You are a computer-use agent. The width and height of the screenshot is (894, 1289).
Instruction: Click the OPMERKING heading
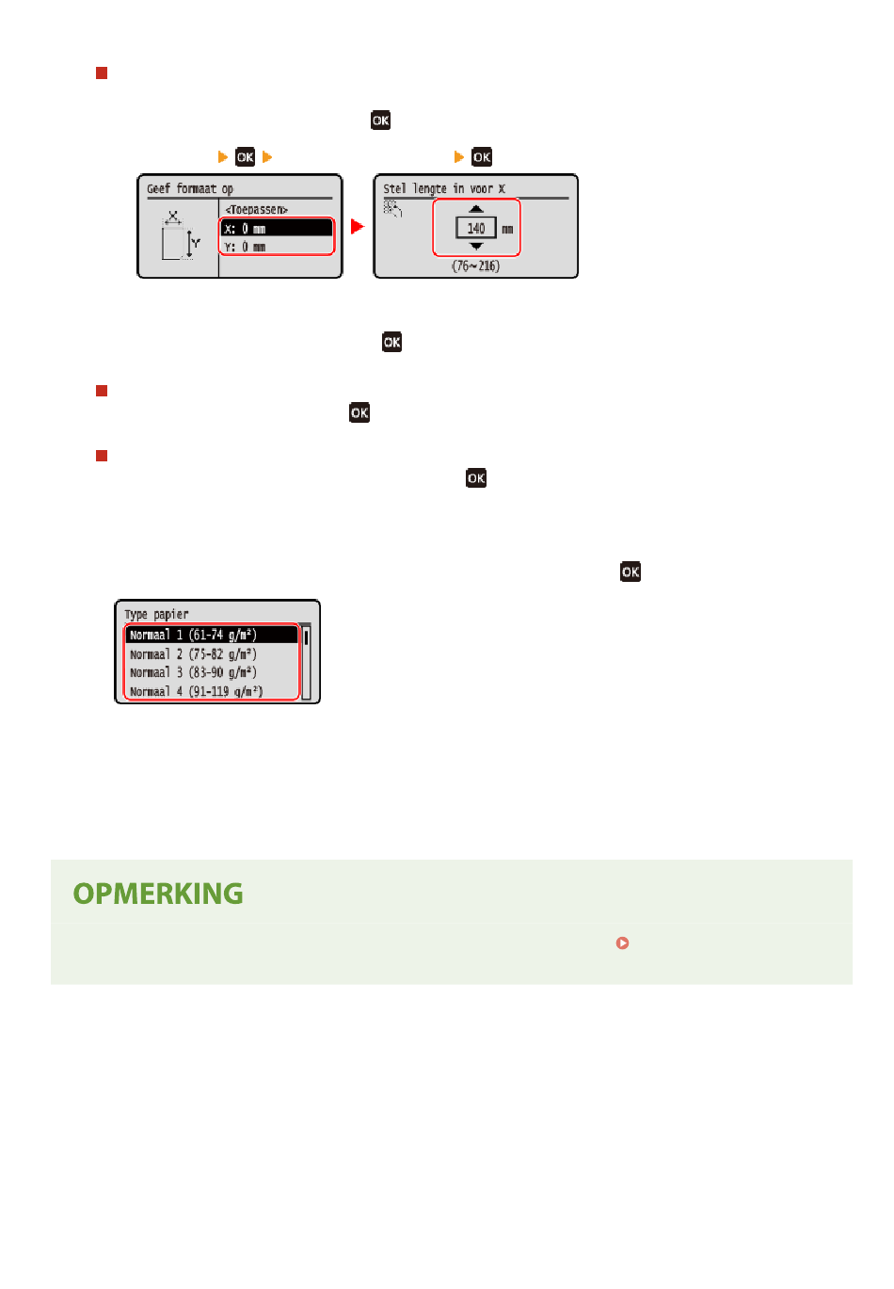pyautogui.click(x=158, y=894)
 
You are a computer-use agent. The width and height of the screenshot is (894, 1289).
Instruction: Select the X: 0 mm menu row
pyautogui.click(x=276, y=229)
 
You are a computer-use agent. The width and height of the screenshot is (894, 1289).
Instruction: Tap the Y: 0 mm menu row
pyautogui.click(x=276, y=247)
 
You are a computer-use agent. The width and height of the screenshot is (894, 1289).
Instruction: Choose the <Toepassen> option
pyautogui.click(x=256, y=209)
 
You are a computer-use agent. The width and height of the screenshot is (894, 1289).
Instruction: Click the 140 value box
pyautogui.click(x=475, y=229)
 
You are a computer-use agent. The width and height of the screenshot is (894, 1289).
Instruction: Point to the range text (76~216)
pyautogui.click(x=475, y=266)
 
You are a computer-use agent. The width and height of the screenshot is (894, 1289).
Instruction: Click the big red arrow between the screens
pyautogui.click(x=358, y=226)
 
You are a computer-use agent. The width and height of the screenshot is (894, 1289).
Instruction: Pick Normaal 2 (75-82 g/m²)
pyautogui.click(x=193, y=653)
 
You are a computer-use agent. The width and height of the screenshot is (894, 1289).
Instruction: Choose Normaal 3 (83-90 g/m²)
pyautogui.click(x=193, y=672)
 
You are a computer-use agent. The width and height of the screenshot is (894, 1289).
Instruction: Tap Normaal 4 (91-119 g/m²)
pyautogui.click(x=196, y=691)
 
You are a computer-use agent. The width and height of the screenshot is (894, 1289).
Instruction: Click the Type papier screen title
pyautogui.click(x=156, y=614)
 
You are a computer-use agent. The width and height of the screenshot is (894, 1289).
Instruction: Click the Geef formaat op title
pyautogui.click(x=190, y=188)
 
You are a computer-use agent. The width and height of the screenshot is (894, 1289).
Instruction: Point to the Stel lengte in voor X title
pyautogui.click(x=444, y=188)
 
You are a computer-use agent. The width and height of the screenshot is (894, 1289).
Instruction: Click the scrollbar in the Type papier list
pyautogui.click(x=306, y=662)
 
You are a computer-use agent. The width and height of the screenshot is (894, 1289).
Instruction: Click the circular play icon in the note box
pyautogui.click(x=622, y=943)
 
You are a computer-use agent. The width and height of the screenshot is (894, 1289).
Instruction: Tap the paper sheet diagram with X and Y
pyautogui.click(x=180, y=236)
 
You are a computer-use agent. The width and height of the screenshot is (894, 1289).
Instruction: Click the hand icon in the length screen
pyautogui.click(x=392, y=208)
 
